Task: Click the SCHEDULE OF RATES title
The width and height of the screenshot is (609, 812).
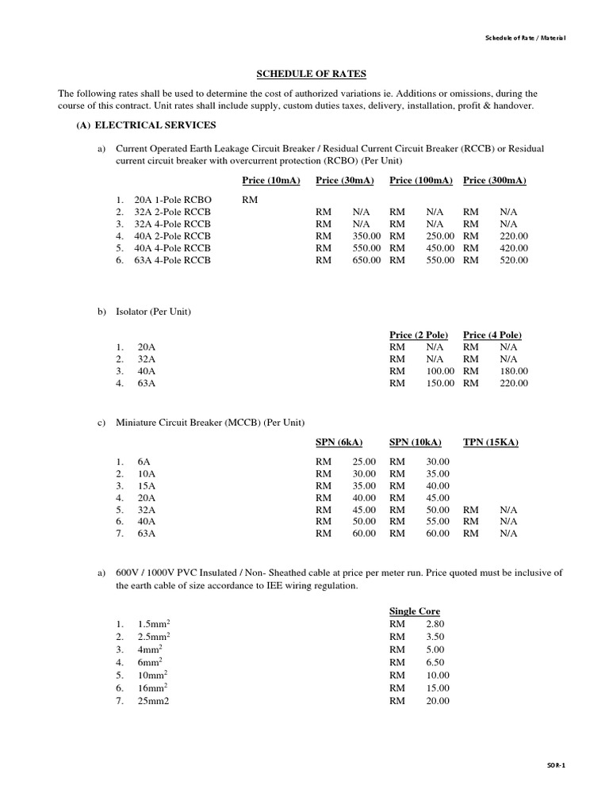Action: (311, 74)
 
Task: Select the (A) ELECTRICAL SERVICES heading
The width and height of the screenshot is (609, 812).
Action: (146, 125)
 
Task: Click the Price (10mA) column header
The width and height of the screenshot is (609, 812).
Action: (271, 181)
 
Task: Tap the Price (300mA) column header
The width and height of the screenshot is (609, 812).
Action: (495, 181)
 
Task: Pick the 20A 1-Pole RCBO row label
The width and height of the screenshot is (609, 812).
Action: (174, 201)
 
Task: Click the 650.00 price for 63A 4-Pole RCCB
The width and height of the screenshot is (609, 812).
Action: (366, 260)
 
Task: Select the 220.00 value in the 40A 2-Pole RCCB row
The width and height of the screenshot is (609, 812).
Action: (514, 236)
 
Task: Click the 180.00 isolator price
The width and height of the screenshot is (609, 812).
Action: (514, 371)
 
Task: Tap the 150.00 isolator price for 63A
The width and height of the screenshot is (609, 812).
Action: (440, 383)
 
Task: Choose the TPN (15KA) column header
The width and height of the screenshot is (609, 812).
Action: (491, 442)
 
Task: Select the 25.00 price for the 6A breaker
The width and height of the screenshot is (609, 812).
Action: (364, 462)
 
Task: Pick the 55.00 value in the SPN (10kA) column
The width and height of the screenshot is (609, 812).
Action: (437, 522)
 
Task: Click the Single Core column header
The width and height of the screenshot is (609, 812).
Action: (415, 611)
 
